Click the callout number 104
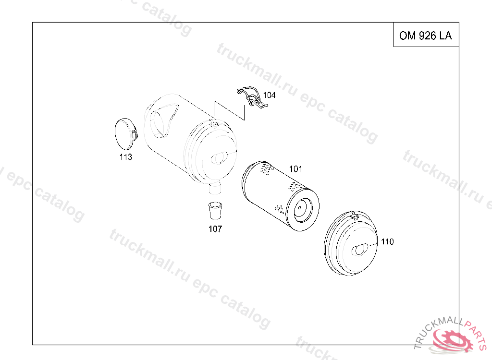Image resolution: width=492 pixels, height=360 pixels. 269,95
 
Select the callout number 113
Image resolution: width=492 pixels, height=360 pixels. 125,157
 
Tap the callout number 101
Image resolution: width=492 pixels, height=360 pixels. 295,169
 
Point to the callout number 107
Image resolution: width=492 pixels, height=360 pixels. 215,229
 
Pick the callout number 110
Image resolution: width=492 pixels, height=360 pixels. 387,241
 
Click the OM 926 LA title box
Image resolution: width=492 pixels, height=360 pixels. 426,35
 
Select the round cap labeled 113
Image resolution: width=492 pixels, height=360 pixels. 126,133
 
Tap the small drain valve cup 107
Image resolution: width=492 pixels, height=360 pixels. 215,211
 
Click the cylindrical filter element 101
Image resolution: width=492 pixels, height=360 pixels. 281,196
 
